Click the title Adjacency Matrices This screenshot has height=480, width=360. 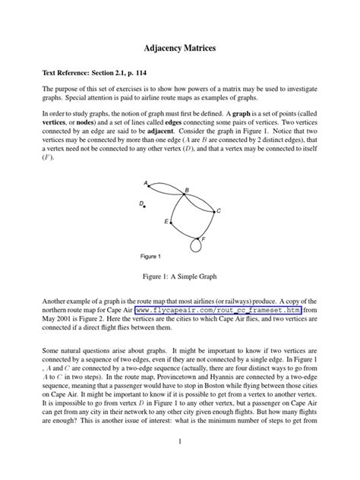[x=180, y=48]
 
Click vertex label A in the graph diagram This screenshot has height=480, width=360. [x=145, y=182]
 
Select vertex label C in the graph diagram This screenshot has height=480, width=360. [x=219, y=210]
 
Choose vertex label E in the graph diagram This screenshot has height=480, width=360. [x=165, y=221]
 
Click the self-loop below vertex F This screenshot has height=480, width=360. [x=197, y=245]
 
